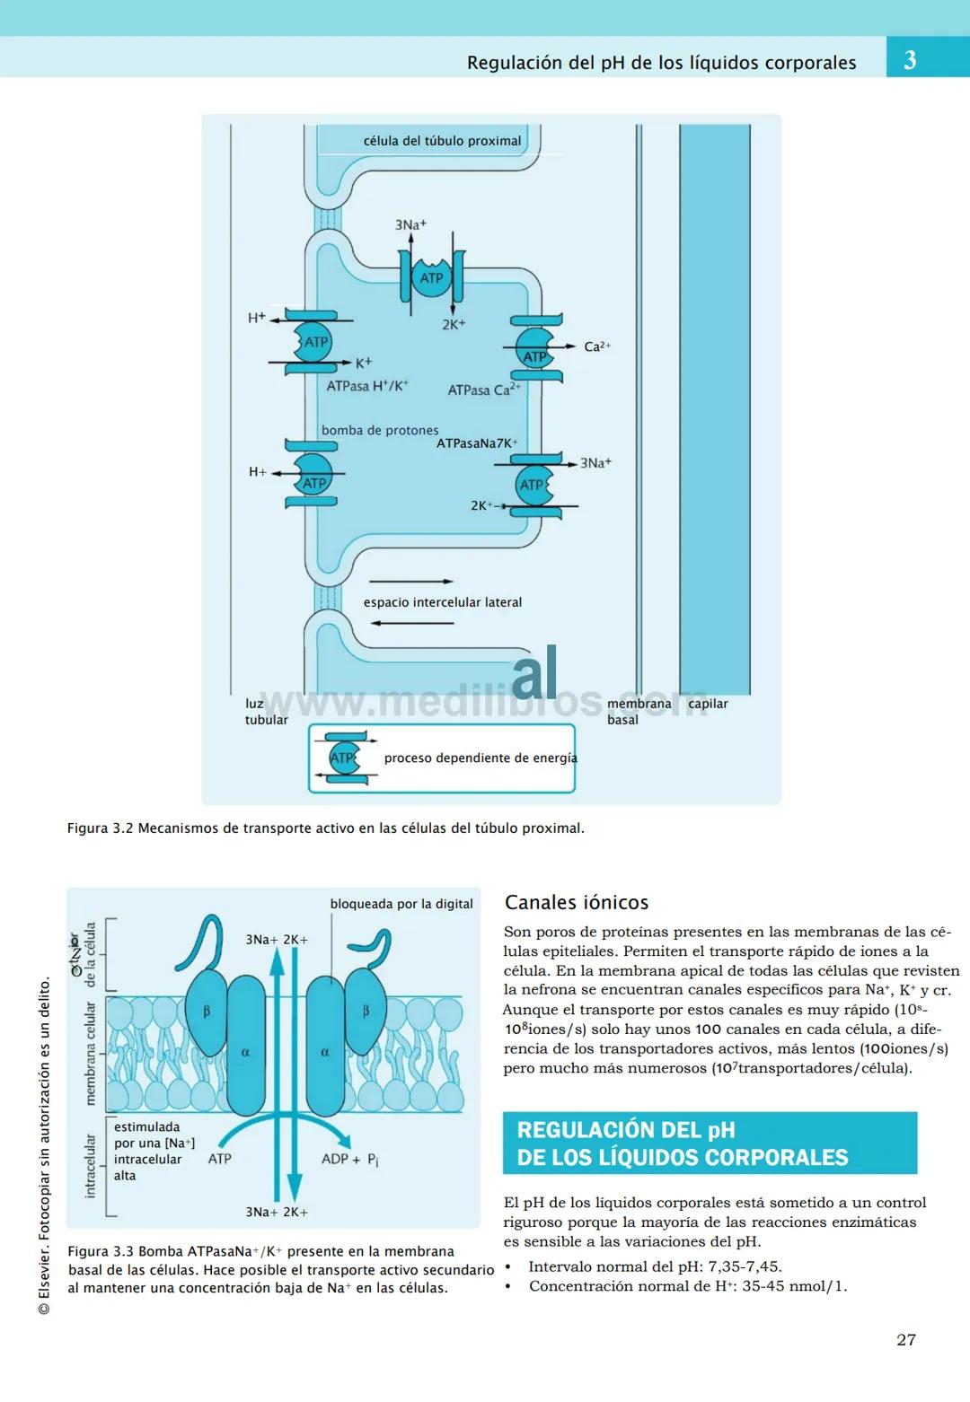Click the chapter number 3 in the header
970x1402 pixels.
[x=910, y=60]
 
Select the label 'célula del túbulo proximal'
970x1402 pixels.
[x=442, y=141]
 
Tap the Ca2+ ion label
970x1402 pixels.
[x=596, y=346]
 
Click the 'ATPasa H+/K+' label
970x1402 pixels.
[x=366, y=386]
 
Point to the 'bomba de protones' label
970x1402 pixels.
[x=380, y=430]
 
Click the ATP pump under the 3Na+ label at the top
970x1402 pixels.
[x=431, y=277]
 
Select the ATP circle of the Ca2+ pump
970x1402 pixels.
[x=534, y=349]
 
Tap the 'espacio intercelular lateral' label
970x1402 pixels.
[x=442, y=602]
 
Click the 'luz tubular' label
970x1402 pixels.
[x=266, y=712]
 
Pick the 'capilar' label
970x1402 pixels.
[x=708, y=704]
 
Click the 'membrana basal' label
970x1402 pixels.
[x=639, y=712]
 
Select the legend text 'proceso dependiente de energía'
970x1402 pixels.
[x=481, y=758]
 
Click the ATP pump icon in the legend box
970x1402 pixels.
[x=344, y=758]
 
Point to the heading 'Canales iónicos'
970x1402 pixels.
[x=576, y=902]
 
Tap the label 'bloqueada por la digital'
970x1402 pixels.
[x=401, y=904]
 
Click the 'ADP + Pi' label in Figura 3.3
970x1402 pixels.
[x=349, y=1160]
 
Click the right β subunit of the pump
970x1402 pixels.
[x=366, y=1012]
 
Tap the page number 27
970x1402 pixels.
[x=906, y=1339]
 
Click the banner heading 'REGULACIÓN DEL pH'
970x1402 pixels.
[x=626, y=1130]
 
